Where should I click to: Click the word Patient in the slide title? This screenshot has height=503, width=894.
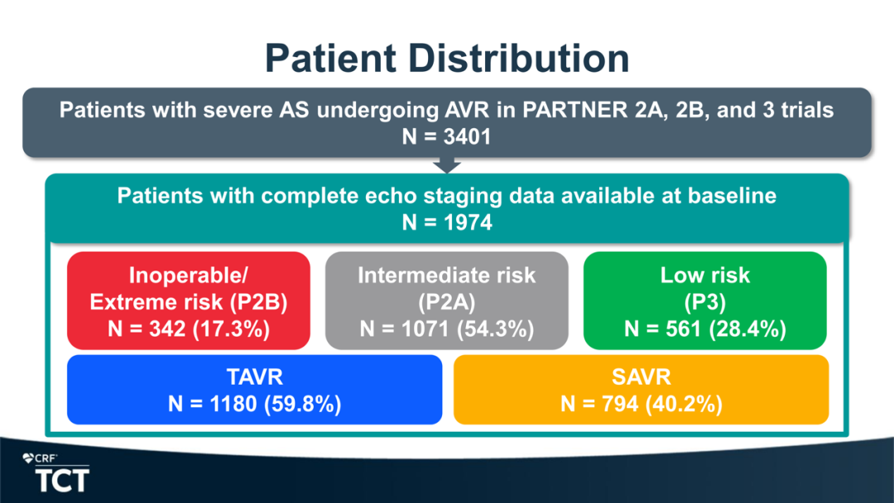pyautogui.click(x=330, y=58)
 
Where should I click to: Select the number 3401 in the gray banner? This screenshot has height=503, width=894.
pyautogui.click(x=467, y=137)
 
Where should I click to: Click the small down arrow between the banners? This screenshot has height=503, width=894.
pyautogui.click(x=447, y=165)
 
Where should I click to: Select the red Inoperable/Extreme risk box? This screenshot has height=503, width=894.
pyautogui.click(x=189, y=301)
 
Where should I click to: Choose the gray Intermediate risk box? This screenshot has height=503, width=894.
pyautogui.click(x=446, y=301)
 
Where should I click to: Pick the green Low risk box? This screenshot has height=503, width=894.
pyautogui.click(x=704, y=301)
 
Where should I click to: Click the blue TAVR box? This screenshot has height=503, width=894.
pyautogui.click(x=255, y=390)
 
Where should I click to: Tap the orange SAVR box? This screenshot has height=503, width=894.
pyautogui.click(x=641, y=390)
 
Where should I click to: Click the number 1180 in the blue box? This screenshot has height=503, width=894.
pyautogui.click(x=233, y=404)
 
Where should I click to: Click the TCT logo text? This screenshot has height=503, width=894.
pyautogui.click(x=62, y=481)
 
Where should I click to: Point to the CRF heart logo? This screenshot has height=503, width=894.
pyautogui.click(x=28, y=458)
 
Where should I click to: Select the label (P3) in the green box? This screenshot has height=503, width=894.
pyautogui.click(x=704, y=302)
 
